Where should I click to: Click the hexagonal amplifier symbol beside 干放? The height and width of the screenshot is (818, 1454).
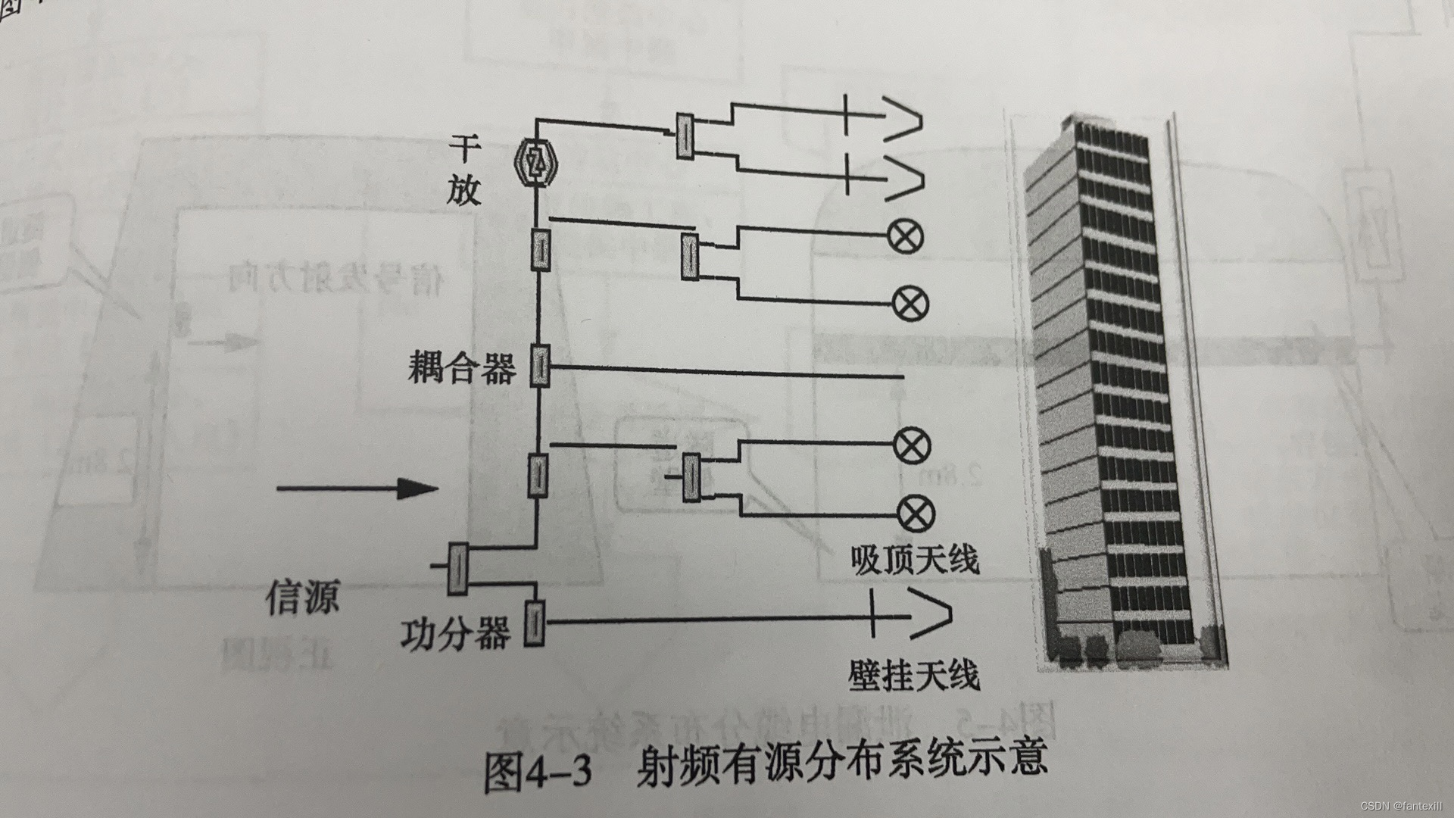click(536, 160)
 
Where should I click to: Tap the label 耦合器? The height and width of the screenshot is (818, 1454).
click(461, 368)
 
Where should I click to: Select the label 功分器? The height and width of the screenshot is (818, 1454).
click(455, 633)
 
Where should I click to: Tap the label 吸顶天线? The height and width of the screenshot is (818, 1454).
click(915, 560)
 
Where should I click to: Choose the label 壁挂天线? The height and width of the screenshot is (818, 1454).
click(914, 675)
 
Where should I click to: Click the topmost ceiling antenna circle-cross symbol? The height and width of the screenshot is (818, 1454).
click(906, 237)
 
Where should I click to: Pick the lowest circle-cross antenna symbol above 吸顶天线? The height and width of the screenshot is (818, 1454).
click(916, 514)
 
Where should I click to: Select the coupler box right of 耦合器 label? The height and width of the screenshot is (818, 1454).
click(538, 367)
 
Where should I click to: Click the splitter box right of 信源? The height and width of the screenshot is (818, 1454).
click(457, 569)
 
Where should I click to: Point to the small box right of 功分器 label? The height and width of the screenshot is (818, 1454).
click(535, 622)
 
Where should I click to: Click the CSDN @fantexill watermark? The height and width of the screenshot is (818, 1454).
click(1401, 805)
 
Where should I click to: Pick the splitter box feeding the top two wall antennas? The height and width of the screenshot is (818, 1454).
click(685, 136)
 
